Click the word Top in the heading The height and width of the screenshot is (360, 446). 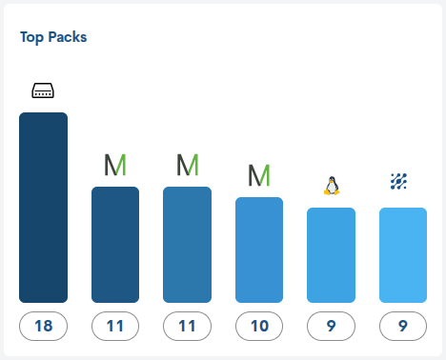click(x=32, y=38)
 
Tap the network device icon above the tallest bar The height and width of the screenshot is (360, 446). click(x=43, y=91)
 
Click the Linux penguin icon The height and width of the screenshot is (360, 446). click(x=332, y=186)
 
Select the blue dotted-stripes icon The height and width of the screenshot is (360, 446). click(x=403, y=181)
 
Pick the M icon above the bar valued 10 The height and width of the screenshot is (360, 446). click(x=259, y=175)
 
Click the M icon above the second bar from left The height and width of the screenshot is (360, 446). click(x=115, y=165)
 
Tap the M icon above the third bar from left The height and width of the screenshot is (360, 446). click(x=188, y=165)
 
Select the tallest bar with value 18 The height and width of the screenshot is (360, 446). click(x=43, y=208)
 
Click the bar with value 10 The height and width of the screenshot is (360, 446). click(x=259, y=250)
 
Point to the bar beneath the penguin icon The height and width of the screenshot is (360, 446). click(x=332, y=255)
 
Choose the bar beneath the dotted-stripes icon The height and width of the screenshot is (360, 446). click(x=403, y=255)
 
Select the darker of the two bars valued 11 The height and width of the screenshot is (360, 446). click(x=115, y=245)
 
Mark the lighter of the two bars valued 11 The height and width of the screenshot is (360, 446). click(x=188, y=245)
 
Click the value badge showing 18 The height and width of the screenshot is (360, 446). click(x=43, y=327)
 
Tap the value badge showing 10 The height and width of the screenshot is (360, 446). click(x=259, y=327)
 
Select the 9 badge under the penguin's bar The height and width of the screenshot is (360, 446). click(x=332, y=327)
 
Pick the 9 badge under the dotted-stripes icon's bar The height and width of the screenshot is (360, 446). click(x=403, y=327)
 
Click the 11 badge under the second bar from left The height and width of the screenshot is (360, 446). click(x=115, y=327)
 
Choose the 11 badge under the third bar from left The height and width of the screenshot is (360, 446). click(x=188, y=327)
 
